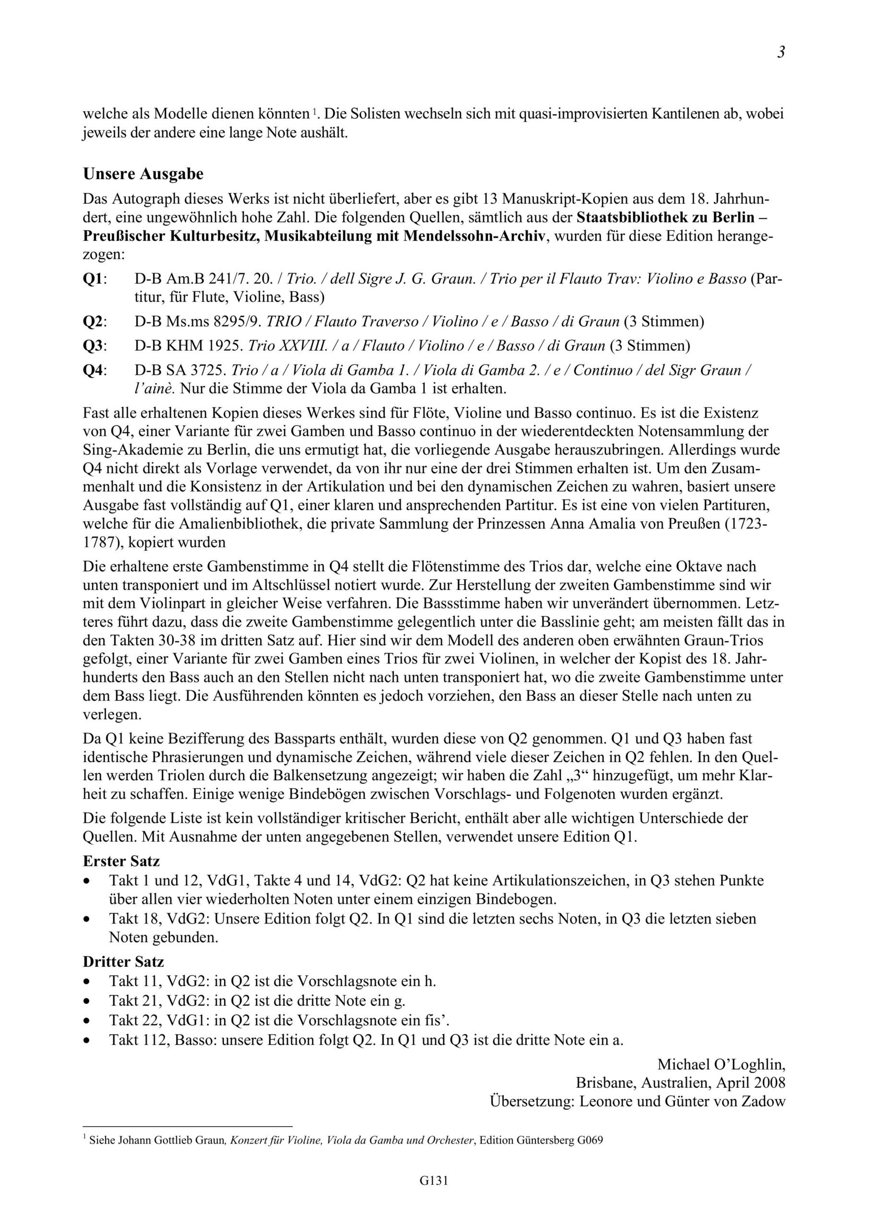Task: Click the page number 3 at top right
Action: [781, 52]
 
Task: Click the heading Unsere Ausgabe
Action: [143, 174]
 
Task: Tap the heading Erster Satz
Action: [121, 861]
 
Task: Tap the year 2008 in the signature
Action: [768, 1082]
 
